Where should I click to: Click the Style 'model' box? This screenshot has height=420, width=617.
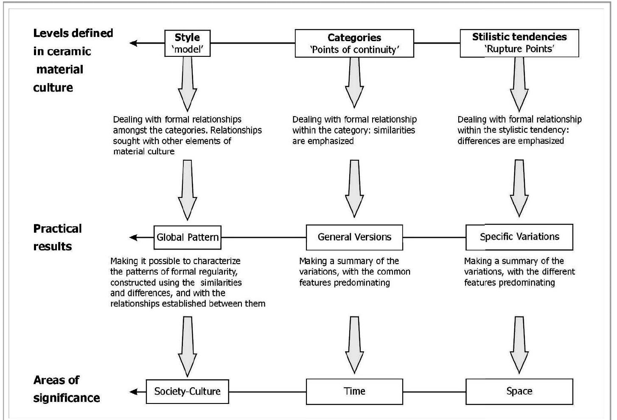(187, 43)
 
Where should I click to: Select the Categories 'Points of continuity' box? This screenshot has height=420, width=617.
(354, 43)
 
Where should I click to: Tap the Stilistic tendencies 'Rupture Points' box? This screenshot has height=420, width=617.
(519, 43)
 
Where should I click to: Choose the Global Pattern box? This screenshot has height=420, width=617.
(187, 237)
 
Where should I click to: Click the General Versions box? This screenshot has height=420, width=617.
(354, 237)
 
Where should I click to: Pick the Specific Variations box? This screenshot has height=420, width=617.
(519, 237)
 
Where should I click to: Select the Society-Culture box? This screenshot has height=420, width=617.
(187, 392)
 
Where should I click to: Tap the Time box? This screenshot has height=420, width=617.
(354, 392)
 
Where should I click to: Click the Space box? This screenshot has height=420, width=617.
(519, 392)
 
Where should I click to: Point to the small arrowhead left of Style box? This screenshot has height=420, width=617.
(133, 43)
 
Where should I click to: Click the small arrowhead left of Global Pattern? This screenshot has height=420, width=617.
(133, 237)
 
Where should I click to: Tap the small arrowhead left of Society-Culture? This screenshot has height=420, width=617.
(133, 392)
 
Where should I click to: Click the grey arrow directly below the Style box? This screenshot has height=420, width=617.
(187, 84)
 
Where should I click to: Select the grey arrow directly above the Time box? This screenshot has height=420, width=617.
(354, 345)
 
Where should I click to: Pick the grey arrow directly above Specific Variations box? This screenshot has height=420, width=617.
(519, 188)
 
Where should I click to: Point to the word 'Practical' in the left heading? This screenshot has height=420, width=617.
(57, 229)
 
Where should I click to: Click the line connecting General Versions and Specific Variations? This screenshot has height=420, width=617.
(434, 237)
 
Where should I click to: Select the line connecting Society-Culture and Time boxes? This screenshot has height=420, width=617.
(267, 392)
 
